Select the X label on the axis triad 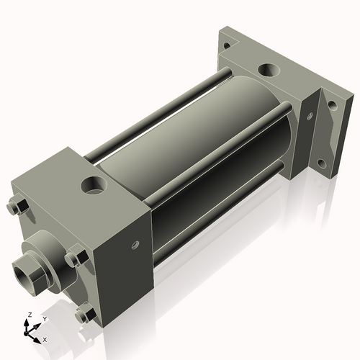coord(45,338)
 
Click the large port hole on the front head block coord(94,185)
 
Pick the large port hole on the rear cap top coord(268,71)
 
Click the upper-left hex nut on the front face coord(17,207)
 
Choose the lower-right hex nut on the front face coord(85,314)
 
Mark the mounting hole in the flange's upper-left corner coord(228,45)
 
